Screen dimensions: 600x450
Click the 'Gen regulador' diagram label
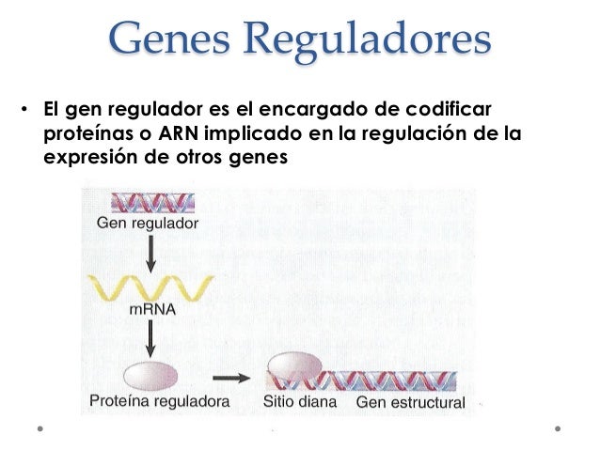pos(147,225)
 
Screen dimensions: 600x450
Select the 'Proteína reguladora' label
pos(161,402)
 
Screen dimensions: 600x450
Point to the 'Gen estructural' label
pos(411,403)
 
